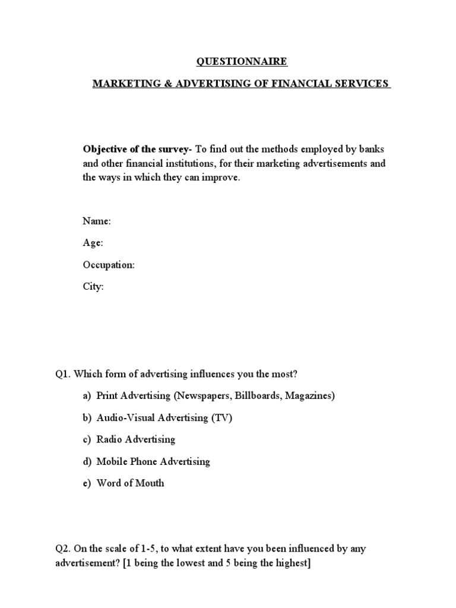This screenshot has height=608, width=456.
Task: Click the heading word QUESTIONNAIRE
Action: [x=242, y=61]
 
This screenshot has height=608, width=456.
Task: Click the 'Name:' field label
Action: [x=97, y=221]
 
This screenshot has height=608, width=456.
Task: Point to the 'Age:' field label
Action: [x=93, y=243]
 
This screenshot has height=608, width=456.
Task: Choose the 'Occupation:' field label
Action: [x=109, y=265]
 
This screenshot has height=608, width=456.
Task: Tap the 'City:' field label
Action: [x=93, y=287]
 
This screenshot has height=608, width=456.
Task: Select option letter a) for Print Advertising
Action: [x=87, y=396]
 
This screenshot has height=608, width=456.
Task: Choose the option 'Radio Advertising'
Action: [x=135, y=439]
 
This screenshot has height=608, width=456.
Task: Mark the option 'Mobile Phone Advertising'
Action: [x=153, y=461]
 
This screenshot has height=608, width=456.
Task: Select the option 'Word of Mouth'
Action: [x=130, y=483]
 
